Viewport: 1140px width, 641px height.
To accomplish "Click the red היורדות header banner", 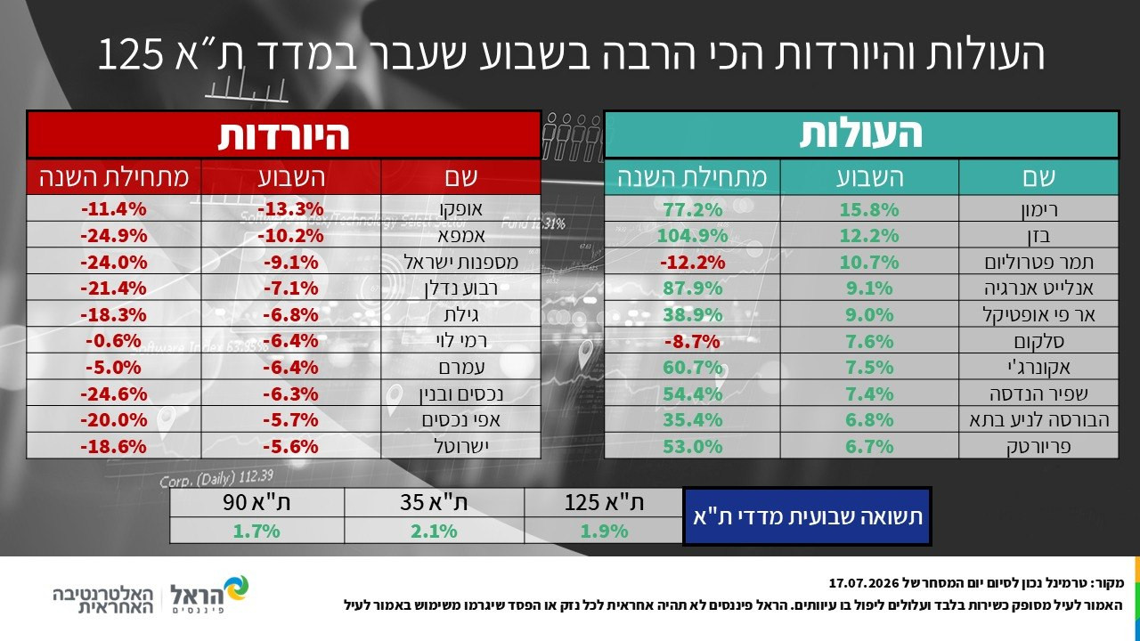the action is click(284, 134).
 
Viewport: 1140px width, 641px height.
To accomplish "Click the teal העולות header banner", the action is click(861, 134).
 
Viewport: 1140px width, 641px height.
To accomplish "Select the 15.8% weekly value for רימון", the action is click(869, 209).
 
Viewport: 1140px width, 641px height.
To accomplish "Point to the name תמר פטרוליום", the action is click(1038, 263).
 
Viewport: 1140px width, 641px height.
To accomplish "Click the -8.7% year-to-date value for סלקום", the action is click(692, 341).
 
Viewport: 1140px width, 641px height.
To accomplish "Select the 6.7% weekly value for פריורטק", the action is click(869, 447).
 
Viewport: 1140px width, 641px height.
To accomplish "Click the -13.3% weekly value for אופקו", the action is click(290, 209).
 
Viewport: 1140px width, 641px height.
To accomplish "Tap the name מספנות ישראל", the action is click(461, 263).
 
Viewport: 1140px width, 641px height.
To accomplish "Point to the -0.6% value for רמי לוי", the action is click(113, 341).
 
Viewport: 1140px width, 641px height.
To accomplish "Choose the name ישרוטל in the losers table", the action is click(461, 447).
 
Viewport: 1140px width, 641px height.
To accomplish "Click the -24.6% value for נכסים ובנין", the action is click(113, 394).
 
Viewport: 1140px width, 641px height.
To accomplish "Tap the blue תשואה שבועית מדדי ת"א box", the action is click(807, 516).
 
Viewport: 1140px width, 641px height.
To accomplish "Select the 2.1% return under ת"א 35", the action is click(434, 531).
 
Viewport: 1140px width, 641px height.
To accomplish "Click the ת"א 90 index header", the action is click(256, 503).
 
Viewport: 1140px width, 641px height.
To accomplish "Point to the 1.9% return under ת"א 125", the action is click(604, 531).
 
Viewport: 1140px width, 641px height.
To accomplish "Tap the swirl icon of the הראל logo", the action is click(237, 588).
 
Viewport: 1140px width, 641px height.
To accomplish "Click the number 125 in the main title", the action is click(131, 53).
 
